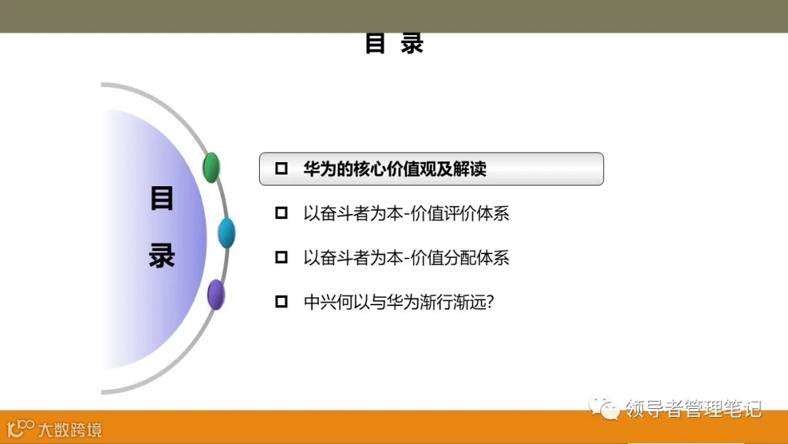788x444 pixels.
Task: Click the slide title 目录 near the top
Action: pos(394,44)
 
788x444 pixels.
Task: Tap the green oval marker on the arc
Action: pos(211,168)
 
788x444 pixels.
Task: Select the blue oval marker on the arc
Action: pos(226,233)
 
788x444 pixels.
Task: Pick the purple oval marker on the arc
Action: pos(215,294)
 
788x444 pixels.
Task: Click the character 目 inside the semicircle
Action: pos(162,199)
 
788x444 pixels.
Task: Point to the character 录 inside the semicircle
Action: pos(162,256)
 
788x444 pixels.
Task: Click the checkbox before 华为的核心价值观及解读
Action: pos(282,169)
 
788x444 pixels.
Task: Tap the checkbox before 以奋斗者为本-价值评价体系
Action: pos(282,213)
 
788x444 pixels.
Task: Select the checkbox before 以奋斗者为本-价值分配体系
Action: pos(282,257)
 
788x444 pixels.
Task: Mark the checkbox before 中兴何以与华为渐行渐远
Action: pos(282,302)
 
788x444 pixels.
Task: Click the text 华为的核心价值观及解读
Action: pos(395,169)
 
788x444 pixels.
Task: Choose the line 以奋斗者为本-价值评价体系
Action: pos(406,213)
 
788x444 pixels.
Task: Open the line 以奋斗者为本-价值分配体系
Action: pos(406,257)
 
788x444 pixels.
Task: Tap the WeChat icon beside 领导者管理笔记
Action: pos(605,407)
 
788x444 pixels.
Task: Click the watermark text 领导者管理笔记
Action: pos(693,408)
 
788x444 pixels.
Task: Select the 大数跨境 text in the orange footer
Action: pos(70,429)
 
